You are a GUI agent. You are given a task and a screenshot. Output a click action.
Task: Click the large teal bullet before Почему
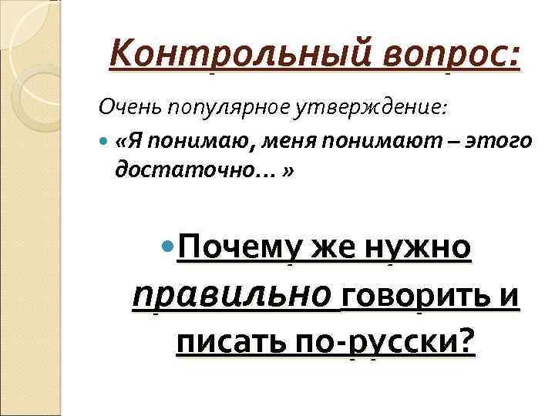[167, 248]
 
